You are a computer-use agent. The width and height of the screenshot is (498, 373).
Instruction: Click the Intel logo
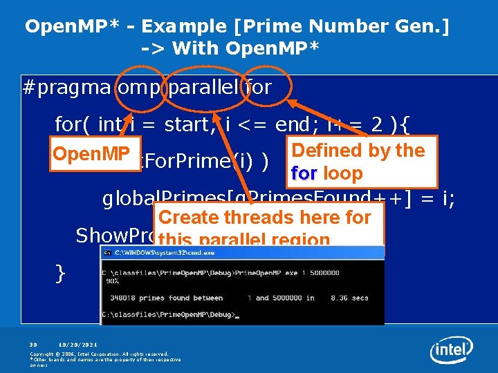coord(452,350)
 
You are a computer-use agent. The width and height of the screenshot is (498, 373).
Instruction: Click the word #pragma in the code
coord(67,88)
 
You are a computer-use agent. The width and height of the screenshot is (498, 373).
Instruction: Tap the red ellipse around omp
coord(139,88)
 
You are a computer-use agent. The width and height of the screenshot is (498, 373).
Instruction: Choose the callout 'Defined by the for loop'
coord(358,162)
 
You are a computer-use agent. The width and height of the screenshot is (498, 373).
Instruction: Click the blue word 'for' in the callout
coord(305,173)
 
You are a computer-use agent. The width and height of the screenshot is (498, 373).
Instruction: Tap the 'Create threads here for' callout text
coord(265,217)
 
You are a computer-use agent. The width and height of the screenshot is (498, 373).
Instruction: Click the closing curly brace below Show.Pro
coord(61,274)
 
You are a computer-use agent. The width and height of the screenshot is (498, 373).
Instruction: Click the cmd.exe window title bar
coord(242,253)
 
